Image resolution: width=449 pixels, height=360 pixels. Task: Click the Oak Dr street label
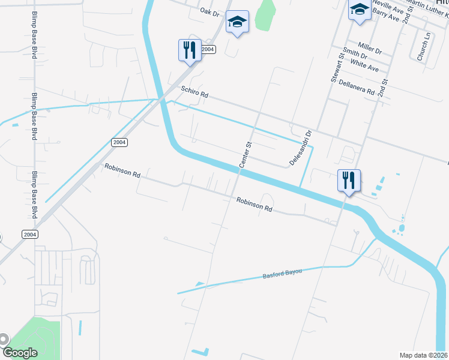coord(210,12)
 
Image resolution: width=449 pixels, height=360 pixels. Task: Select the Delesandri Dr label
coord(300,148)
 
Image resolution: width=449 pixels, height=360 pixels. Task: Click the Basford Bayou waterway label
coord(281,274)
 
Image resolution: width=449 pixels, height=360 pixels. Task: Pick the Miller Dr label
coord(369,47)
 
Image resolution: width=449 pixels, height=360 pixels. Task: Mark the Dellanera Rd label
coord(357,88)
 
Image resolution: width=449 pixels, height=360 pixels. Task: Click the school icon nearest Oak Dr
coord(238,23)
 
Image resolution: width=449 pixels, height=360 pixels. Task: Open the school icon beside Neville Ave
coord(360,9)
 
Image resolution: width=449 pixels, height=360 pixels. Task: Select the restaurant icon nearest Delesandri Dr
coord(349,179)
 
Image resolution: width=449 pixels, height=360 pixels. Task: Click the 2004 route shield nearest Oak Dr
coord(208,50)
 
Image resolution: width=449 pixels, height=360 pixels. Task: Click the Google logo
coord(20,352)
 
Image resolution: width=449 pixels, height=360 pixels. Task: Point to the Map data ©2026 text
coord(424,355)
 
